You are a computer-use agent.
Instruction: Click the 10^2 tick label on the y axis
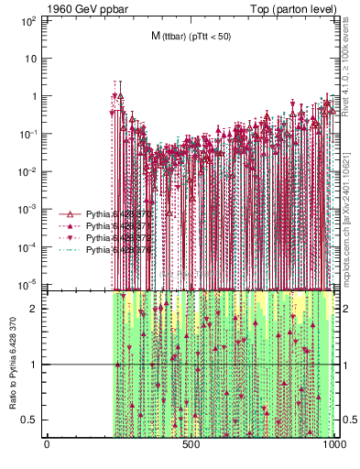coord(27,19)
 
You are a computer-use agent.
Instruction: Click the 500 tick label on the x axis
coord(191,446)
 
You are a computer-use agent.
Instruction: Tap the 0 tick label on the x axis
coord(47,446)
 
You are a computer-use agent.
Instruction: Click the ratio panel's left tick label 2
coord(36,309)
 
